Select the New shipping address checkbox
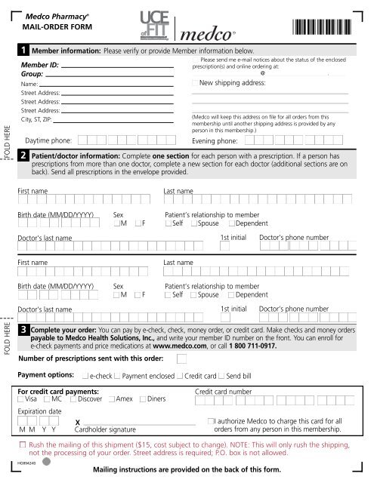(x=195, y=83)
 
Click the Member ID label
(x=39, y=66)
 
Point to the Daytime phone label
(x=48, y=140)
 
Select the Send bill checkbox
(x=221, y=375)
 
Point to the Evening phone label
(x=216, y=140)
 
